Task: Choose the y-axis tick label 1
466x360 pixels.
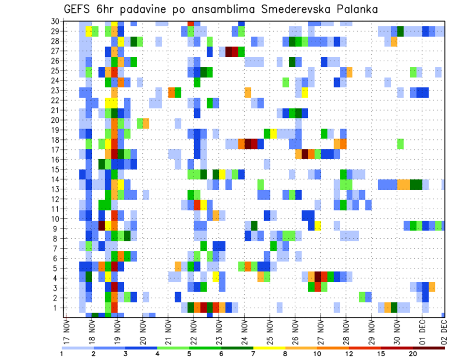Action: [x=57, y=308]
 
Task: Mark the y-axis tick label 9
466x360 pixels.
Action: [x=57, y=229]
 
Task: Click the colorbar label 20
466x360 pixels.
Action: [x=413, y=354]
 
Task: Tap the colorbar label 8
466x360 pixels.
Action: [x=285, y=354]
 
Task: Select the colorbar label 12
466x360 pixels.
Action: [x=349, y=354]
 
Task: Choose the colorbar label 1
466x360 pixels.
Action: [x=62, y=354]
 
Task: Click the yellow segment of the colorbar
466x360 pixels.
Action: [x=269, y=348]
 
